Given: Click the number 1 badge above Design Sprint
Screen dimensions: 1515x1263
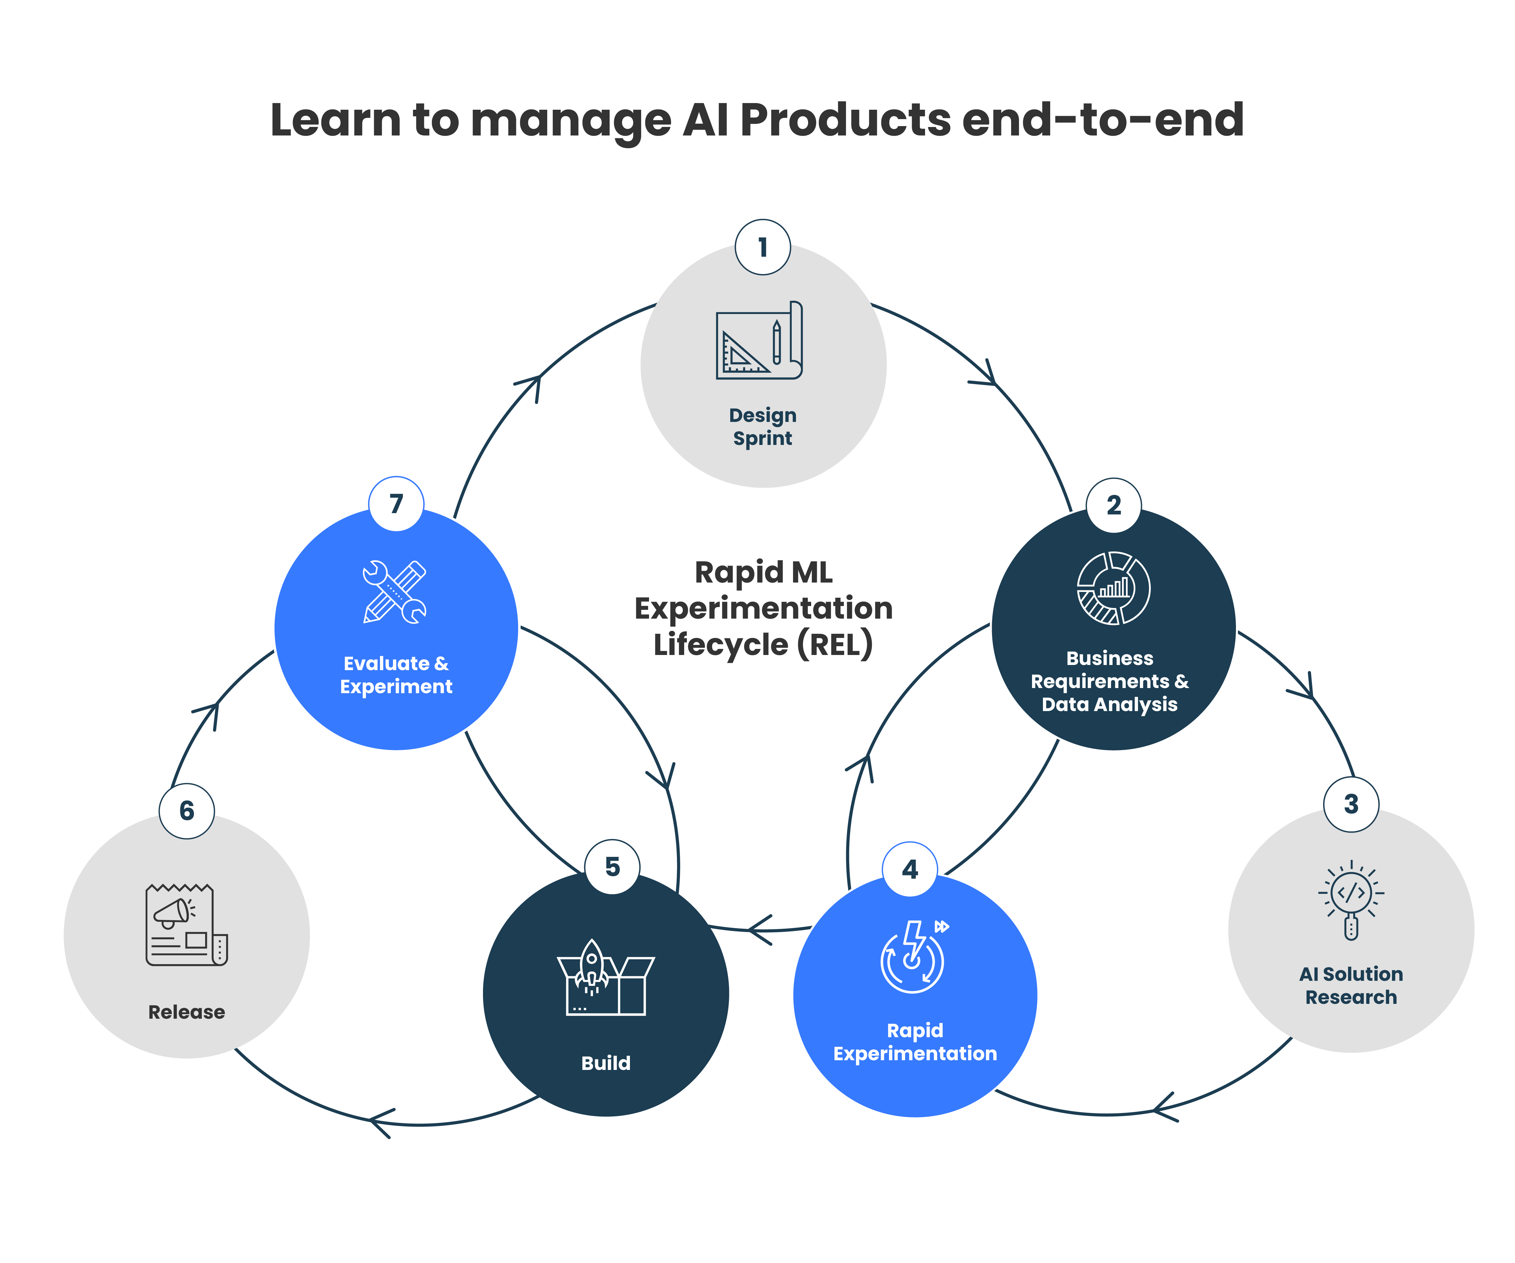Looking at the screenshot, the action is pyautogui.click(x=763, y=247).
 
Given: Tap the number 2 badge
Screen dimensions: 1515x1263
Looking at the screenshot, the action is pyautogui.click(x=1114, y=505).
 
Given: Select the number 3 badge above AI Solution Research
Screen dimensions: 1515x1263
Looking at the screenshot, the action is pyautogui.click(x=1351, y=804).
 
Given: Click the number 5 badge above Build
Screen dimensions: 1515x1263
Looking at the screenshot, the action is pyautogui.click(x=612, y=867).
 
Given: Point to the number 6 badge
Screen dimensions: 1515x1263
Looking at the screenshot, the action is pyautogui.click(x=187, y=810).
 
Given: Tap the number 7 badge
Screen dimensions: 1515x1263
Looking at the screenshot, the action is pyautogui.click(x=396, y=504).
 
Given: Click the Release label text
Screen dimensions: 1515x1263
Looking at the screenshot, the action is pyautogui.click(x=187, y=1012).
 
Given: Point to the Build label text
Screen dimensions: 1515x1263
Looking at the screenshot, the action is pyautogui.click(x=606, y=1063).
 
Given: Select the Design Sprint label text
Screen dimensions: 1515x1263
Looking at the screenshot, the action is pyautogui.click(x=763, y=426).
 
